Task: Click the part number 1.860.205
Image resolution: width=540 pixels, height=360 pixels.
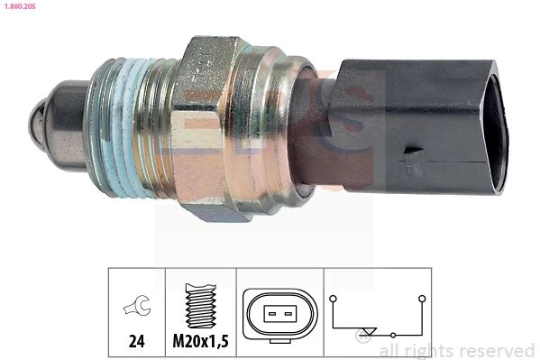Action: [20, 6]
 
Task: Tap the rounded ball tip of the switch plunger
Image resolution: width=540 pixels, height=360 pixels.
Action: [36, 122]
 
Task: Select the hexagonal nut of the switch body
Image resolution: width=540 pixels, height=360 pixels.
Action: [203, 128]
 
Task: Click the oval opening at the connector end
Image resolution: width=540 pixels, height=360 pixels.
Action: [495, 127]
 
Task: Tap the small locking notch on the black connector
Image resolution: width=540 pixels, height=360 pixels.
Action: [413, 151]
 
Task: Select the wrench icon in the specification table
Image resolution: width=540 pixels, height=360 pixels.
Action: [137, 306]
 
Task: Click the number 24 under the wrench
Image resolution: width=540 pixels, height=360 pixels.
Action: [137, 341]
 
